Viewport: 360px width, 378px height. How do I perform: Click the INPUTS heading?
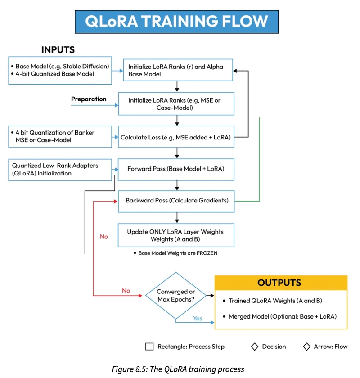tap(58, 49)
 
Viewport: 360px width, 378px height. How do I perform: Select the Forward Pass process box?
tap(176, 169)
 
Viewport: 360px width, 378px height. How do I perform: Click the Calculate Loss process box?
tap(176, 137)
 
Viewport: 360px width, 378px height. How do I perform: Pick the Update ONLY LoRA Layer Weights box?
tap(176, 235)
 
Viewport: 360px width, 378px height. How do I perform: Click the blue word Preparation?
tap(89, 99)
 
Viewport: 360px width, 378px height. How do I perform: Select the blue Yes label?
tap(198, 318)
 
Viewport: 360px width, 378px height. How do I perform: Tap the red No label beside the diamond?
tap(126, 291)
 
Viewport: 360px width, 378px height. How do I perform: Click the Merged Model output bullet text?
tap(282, 316)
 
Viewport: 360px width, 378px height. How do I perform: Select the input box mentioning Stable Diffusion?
tap(60, 70)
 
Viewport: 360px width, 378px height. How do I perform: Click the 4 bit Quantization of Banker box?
tap(60, 137)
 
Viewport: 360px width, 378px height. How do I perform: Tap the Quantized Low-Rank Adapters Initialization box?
tap(60, 169)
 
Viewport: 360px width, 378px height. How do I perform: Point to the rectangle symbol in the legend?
tap(149, 346)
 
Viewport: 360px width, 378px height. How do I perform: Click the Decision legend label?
tap(274, 346)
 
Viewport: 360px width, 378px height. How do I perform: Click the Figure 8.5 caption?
tap(178, 369)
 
